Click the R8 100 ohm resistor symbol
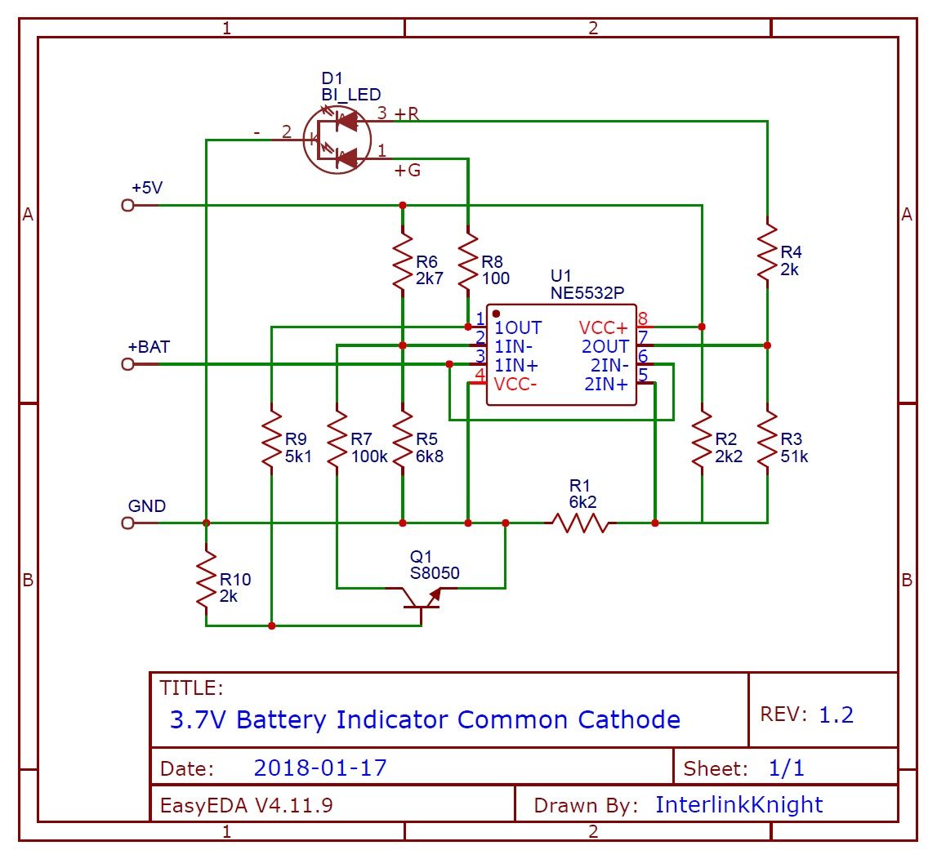click(x=467, y=262)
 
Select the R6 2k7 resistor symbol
click(x=402, y=262)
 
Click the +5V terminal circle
click(x=127, y=205)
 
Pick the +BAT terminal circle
click(x=127, y=364)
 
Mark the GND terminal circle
click(x=127, y=523)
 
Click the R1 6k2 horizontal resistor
click(x=580, y=523)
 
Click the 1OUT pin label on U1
click(x=518, y=327)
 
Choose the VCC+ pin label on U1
click(x=604, y=327)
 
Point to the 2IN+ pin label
click(x=606, y=384)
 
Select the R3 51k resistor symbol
click(x=767, y=440)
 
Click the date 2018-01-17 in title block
click(x=320, y=768)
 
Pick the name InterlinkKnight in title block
click(x=738, y=804)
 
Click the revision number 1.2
click(x=836, y=714)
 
